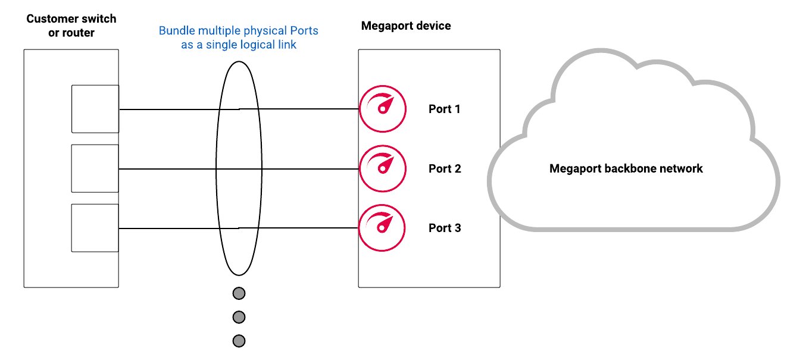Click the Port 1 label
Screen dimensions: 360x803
[x=444, y=109]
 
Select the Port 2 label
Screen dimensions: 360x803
[x=444, y=169]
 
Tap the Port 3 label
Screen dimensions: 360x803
[x=444, y=228]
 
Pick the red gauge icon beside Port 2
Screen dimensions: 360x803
[x=383, y=169]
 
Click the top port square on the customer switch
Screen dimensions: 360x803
[x=95, y=109]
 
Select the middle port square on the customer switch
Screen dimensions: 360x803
[x=95, y=168]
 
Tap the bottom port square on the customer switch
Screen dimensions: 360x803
[x=95, y=228]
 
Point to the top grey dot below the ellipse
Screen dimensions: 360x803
[x=239, y=293]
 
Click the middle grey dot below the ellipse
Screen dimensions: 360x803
[x=239, y=317]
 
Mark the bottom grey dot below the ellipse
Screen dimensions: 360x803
[x=239, y=341]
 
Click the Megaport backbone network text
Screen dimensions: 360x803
[x=626, y=169]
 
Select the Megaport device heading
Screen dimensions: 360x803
[x=406, y=26]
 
